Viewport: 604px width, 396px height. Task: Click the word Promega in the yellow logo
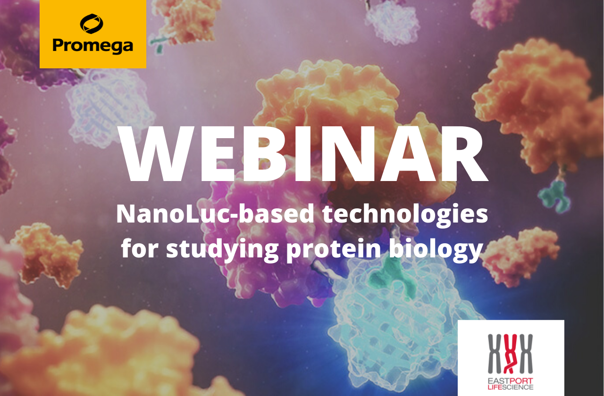click(x=93, y=45)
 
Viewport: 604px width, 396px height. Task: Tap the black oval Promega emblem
click(x=92, y=24)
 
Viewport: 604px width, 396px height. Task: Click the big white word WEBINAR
click(x=302, y=154)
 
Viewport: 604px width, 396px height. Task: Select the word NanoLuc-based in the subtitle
click(x=215, y=214)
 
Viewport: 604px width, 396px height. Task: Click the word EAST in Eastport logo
click(x=497, y=381)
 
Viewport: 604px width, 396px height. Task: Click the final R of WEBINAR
click(x=465, y=154)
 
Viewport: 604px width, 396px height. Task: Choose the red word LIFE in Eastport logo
click(x=495, y=388)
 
